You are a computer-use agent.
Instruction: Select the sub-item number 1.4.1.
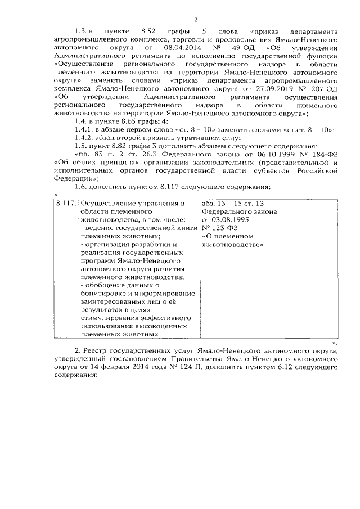click(x=84, y=130)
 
